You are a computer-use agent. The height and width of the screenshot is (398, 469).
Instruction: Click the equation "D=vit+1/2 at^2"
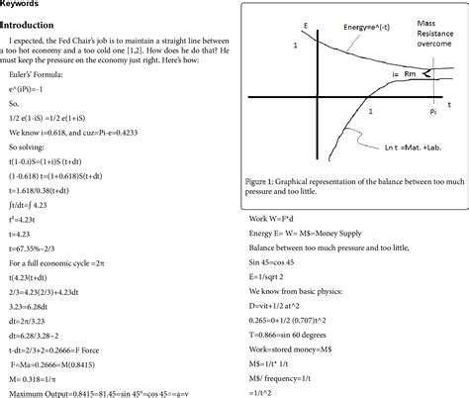pyautogui.click(x=281, y=295)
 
